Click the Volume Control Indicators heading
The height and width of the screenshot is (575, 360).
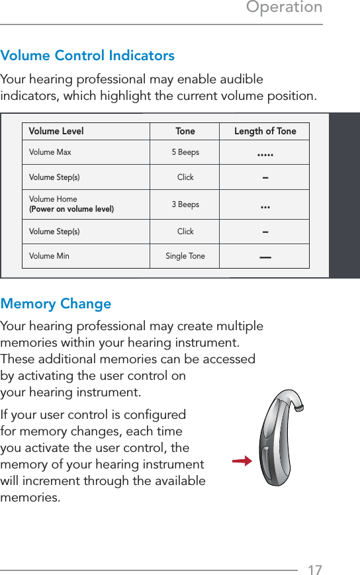pyautogui.click(x=87, y=56)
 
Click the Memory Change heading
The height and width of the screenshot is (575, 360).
pyautogui.click(x=56, y=304)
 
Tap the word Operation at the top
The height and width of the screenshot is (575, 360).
pyautogui.click(x=284, y=7)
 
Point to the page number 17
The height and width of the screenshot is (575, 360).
pyautogui.click(x=315, y=570)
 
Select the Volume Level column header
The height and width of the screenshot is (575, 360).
pyautogui.click(x=56, y=131)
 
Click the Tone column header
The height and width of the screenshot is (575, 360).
pyautogui.click(x=185, y=131)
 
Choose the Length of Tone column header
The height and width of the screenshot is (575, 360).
pyautogui.click(x=265, y=131)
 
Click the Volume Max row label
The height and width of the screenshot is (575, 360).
pyautogui.click(x=50, y=152)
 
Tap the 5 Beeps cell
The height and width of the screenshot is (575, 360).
pyautogui.click(x=185, y=152)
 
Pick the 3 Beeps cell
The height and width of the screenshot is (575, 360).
pyautogui.click(x=185, y=204)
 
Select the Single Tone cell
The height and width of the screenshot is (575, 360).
pyautogui.click(x=185, y=256)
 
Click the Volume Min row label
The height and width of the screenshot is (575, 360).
pyautogui.click(x=49, y=256)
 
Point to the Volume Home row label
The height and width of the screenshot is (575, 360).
pyautogui.click(x=53, y=199)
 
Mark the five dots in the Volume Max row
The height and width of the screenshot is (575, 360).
pyautogui.click(x=265, y=155)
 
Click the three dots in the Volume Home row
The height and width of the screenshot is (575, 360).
pyautogui.click(x=265, y=207)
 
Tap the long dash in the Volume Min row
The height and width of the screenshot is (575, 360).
pyautogui.click(x=265, y=257)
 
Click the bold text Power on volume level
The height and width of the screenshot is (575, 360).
pyautogui.click(x=71, y=209)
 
